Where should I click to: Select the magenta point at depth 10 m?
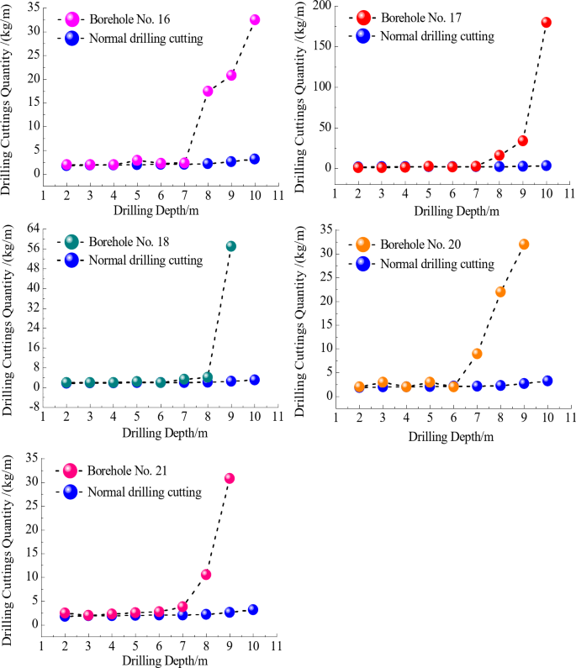pyautogui.click(x=255, y=19)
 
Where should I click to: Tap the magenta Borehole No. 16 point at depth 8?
pyautogui.click(x=208, y=91)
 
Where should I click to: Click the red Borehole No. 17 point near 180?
pyautogui.click(x=547, y=23)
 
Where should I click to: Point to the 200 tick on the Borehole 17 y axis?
pyautogui.click(x=324, y=6)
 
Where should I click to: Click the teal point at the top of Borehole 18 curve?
pyautogui.click(x=231, y=246)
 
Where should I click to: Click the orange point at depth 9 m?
pyautogui.click(x=524, y=245)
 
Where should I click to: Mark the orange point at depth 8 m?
pyautogui.click(x=500, y=292)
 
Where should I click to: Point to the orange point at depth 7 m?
pyautogui.click(x=477, y=354)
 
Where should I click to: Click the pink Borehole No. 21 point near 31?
pyautogui.click(x=230, y=478)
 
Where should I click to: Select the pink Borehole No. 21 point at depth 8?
pyautogui.click(x=206, y=575)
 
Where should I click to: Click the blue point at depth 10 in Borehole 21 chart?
pyautogui.click(x=252, y=609)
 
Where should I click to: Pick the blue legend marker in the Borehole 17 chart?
pyautogui.click(x=363, y=36)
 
